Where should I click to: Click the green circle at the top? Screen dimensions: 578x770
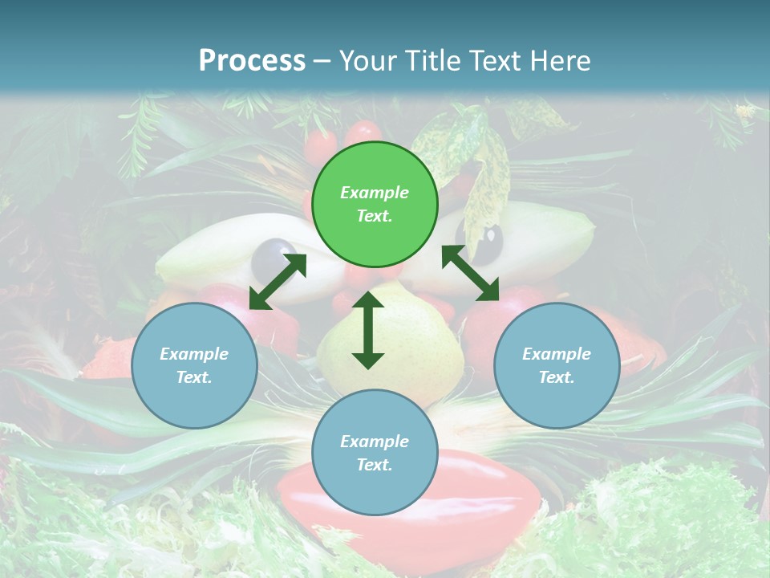point(375,205)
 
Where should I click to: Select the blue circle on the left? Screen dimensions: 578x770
point(194,366)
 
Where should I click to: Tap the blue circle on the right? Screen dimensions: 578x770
point(557,366)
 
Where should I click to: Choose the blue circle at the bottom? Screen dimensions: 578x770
point(375,453)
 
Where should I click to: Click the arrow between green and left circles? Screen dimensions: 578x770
point(278,282)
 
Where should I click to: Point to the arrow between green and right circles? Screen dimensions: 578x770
point(470,273)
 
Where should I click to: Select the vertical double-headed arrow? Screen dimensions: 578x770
point(368,330)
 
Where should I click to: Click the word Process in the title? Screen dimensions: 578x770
point(252,61)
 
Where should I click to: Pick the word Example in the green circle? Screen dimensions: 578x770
point(375,193)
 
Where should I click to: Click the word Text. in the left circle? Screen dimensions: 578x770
point(194,377)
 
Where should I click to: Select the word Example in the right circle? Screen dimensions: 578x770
point(557,354)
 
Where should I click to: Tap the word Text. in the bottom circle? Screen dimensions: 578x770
point(375,465)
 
